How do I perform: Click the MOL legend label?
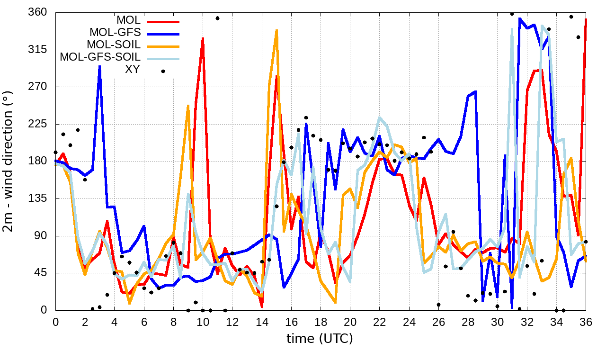128,20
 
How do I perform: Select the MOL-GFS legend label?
115,33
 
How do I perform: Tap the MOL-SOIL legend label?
114,45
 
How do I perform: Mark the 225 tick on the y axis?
38,124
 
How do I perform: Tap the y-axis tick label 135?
38,198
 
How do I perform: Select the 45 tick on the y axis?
41,273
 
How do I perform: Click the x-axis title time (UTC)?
320,339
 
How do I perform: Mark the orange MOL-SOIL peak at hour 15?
276,30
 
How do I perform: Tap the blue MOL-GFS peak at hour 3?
99,66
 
